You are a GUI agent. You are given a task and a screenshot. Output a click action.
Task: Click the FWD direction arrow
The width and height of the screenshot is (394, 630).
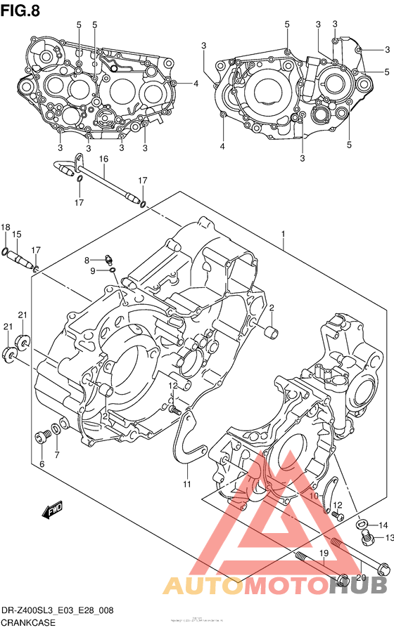(53, 511)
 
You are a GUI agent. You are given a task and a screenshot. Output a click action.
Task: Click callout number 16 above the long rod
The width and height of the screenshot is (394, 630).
(103, 159)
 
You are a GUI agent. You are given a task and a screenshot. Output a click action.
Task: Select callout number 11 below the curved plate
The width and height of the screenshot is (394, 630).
(187, 483)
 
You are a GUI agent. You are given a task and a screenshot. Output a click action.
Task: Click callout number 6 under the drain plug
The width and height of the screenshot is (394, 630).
(42, 464)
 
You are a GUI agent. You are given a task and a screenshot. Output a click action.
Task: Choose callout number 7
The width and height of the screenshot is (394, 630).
(58, 455)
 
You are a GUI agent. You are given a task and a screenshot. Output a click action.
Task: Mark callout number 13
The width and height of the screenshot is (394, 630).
(386, 538)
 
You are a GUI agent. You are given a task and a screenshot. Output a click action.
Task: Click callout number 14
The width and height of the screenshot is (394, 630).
(383, 525)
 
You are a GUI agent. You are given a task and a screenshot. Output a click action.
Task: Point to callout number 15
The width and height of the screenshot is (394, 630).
(17, 234)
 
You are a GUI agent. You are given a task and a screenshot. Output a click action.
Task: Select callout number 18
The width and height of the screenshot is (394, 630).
(6, 227)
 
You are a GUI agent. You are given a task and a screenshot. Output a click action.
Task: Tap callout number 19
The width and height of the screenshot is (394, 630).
(324, 554)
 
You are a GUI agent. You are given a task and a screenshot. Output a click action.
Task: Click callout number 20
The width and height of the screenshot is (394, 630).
(362, 577)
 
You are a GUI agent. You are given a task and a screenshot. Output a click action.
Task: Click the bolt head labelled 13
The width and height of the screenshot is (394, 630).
(365, 539)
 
